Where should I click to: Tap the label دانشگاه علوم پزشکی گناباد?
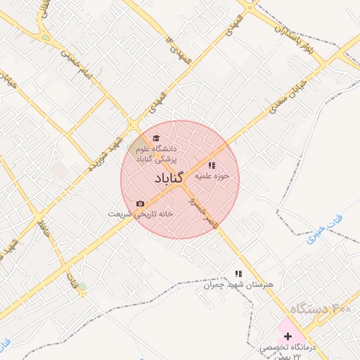click(x=157, y=154)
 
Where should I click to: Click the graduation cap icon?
click(x=156, y=138)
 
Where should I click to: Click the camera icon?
click(x=140, y=203)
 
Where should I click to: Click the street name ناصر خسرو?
click(x=202, y=209)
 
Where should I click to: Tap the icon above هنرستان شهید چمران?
click(x=238, y=274)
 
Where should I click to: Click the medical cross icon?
click(x=288, y=336)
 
